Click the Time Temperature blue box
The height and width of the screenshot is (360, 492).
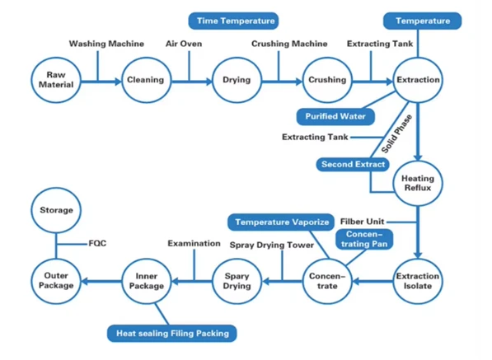point(233,21)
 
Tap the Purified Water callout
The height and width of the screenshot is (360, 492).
point(335,117)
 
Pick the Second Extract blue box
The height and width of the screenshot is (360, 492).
point(353,165)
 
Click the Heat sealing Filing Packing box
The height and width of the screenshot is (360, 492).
point(172,334)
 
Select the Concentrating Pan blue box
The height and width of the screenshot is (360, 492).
point(364,239)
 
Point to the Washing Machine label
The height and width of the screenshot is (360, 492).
point(106,44)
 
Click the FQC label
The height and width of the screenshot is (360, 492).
point(97,243)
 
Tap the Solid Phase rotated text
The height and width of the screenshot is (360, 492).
point(396,133)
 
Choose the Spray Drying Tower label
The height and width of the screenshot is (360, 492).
point(272,245)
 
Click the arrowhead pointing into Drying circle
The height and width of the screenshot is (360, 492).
point(209,82)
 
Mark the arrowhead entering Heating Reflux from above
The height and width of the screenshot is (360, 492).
point(418,157)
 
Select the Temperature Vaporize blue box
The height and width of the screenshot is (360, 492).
point(281,222)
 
